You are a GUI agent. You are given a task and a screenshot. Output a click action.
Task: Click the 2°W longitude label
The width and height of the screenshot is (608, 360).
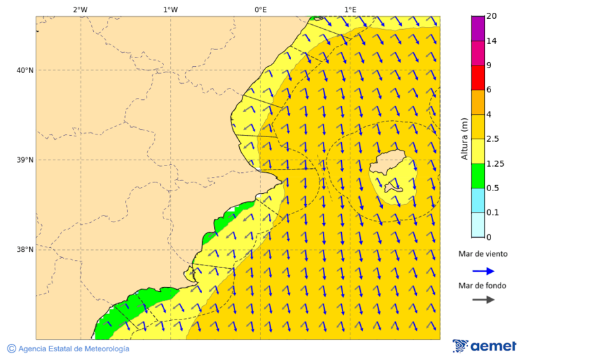[80, 9]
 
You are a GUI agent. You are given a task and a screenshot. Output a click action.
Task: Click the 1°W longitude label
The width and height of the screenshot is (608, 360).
[170, 9]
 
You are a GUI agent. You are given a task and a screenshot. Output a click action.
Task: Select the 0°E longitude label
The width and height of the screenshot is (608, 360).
[260, 9]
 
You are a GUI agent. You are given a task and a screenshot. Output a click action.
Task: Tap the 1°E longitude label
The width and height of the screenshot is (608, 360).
[350, 9]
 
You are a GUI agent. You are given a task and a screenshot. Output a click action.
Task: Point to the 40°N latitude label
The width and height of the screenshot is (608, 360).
[25, 70]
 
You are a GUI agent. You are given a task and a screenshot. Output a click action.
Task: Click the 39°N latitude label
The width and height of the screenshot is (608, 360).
[25, 160]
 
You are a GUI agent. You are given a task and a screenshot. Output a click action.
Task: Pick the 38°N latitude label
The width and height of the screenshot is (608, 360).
[25, 249]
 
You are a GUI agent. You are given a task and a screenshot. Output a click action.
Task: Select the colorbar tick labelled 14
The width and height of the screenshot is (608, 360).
[491, 41]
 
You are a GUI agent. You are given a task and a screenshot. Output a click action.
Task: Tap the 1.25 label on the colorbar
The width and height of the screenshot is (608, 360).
[496, 163]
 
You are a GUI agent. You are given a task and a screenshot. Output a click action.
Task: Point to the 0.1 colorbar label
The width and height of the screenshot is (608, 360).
[493, 213]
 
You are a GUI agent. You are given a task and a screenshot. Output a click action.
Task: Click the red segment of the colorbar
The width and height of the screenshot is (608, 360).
[478, 77]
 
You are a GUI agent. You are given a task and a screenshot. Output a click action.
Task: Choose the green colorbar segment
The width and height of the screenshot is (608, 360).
[478, 176]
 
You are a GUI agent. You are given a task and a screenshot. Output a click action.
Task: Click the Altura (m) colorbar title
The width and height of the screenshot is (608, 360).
[464, 138]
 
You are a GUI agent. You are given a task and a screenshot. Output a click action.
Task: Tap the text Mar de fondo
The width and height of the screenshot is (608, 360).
[482, 286]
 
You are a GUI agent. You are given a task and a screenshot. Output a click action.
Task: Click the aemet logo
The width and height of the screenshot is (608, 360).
[484, 346]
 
